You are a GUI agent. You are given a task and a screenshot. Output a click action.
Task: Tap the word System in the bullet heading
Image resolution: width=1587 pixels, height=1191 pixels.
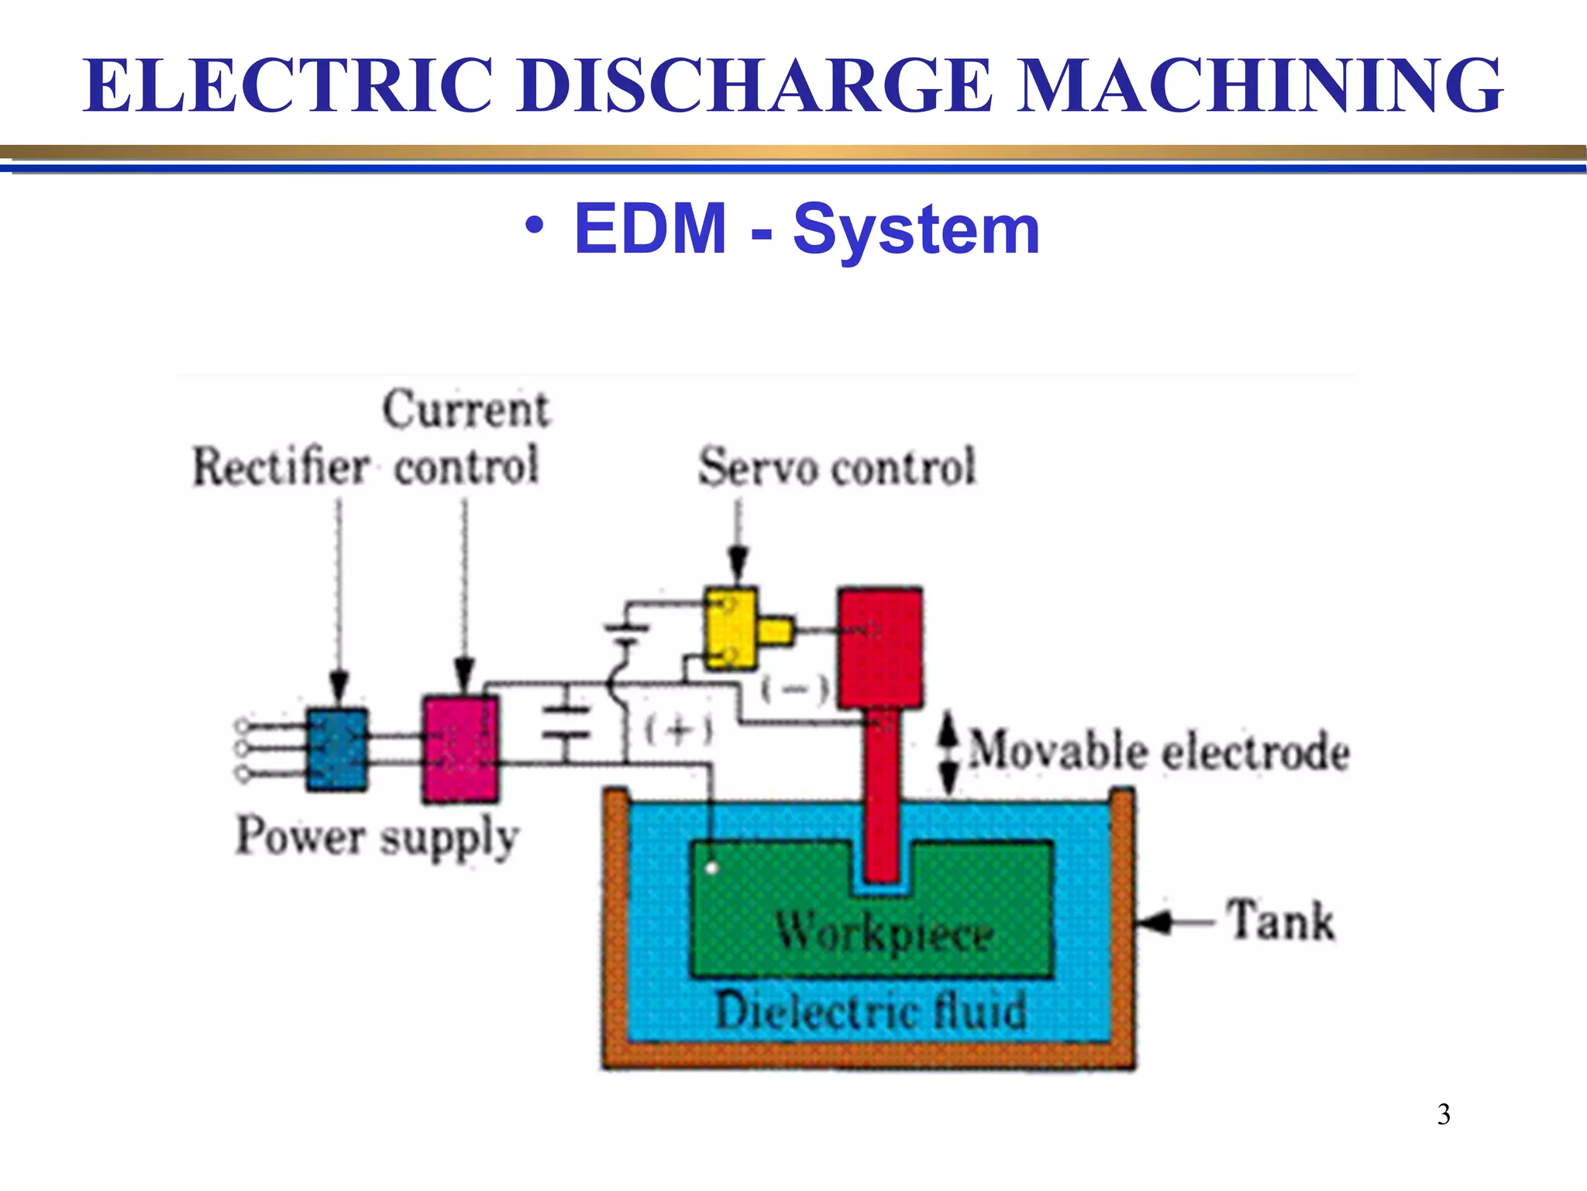click(916, 230)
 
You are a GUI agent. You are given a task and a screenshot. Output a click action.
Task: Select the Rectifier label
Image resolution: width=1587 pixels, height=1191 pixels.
click(281, 468)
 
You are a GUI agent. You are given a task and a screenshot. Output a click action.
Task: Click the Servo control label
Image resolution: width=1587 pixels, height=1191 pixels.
click(837, 468)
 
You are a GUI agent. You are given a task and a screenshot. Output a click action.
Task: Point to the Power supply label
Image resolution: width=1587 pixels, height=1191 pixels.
click(377, 838)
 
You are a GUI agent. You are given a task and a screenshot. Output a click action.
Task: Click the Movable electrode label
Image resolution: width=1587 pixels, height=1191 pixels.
click(1159, 752)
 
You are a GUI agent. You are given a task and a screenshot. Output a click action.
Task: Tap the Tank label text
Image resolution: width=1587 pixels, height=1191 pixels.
click(1280, 922)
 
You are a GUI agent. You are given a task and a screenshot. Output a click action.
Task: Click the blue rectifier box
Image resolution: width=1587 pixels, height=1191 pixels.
click(337, 750)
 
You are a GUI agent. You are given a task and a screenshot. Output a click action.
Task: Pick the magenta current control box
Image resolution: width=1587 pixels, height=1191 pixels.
click(460, 749)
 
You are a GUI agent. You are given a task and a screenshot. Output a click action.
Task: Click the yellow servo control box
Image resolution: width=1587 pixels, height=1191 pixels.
click(731, 629)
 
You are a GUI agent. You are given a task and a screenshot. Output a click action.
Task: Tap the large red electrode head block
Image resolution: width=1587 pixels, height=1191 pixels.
click(880, 648)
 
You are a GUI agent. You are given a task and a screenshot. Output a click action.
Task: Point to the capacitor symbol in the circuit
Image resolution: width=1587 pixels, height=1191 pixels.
click(566, 722)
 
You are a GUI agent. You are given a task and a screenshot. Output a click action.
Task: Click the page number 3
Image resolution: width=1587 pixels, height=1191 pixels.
click(1444, 1114)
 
